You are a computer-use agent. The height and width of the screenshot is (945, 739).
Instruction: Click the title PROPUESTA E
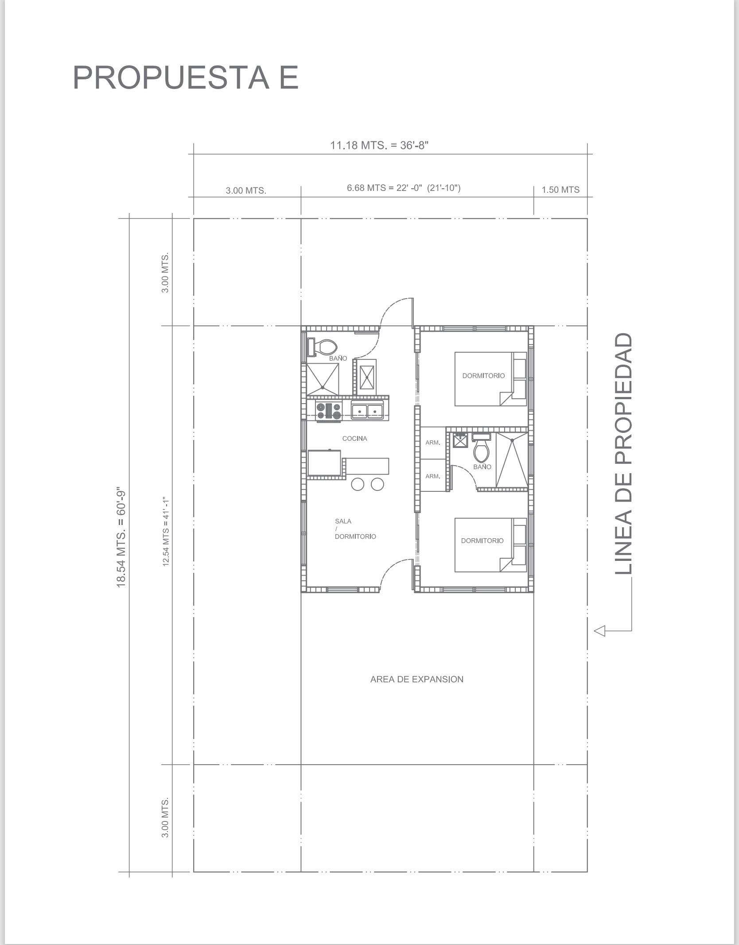(185, 78)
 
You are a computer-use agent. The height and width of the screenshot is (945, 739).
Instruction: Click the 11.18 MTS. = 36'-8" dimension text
(379, 145)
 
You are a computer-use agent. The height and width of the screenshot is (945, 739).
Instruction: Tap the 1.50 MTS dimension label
(560, 190)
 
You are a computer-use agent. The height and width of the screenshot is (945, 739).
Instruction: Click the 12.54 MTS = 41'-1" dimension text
(166, 531)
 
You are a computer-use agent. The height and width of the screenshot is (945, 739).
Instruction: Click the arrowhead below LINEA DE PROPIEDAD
(599, 630)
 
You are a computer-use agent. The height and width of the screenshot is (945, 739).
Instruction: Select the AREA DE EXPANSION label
(417, 679)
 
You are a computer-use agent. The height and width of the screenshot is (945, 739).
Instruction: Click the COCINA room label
(354, 439)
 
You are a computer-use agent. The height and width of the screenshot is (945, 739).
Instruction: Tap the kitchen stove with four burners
(329, 411)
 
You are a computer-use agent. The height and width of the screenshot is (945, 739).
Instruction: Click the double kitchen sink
(367, 410)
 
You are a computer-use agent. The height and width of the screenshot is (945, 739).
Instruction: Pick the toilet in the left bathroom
(322, 347)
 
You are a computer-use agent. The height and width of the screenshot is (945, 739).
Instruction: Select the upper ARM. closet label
(433, 443)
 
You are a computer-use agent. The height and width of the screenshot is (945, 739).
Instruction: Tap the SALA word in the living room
(343, 521)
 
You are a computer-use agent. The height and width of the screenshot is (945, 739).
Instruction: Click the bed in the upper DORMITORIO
(491, 379)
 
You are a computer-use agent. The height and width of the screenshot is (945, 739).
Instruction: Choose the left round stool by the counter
(358, 484)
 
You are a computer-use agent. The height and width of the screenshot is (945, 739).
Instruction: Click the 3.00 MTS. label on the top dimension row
(246, 191)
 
